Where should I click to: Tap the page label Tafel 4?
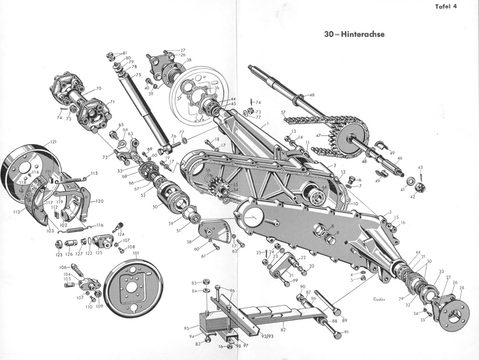[x=445, y=6]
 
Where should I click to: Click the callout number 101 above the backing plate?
[x=136, y=253]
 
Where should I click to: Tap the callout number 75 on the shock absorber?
[x=138, y=74]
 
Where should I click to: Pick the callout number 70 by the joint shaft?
[x=98, y=88]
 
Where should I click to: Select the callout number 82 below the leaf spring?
[x=283, y=330]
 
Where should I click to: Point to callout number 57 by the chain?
[x=283, y=113]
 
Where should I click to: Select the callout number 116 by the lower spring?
[x=100, y=225]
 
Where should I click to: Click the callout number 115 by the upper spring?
[x=94, y=173]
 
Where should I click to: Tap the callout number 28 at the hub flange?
[x=462, y=288]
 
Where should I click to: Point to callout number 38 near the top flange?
[x=189, y=60]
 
